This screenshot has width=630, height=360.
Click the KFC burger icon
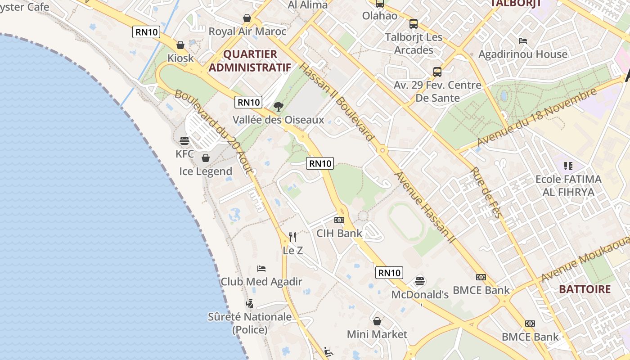pyautogui.click(x=184, y=141)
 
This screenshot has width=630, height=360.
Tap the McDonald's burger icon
pyautogui.click(x=420, y=281)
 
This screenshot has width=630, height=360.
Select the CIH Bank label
pyautogui.click(x=339, y=233)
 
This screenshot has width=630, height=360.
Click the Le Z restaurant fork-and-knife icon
pyautogui.click(x=292, y=237)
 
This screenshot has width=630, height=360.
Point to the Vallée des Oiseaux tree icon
pyautogui.click(x=279, y=107)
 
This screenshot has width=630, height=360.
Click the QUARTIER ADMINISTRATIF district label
pyautogui.click(x=250, y=61)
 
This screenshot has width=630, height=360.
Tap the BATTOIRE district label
pyautogui.click(x=585, y=289)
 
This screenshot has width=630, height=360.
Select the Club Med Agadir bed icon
pyautogui.click(x=261, y=269)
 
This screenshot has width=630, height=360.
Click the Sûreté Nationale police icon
pyautogui.click(x=249, y=304)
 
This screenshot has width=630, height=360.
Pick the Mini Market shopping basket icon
pyautogui.click(x=377, y=321)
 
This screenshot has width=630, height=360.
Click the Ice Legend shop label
pyautogui.click(x=206, y=171)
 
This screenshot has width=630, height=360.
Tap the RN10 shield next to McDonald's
pyautogui.click(x=389, y=273)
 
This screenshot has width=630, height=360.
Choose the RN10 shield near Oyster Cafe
pyautogui.click(x=146, y=32)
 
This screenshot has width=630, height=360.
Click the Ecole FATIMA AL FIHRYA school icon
pyautogui.click(x=568, y=166)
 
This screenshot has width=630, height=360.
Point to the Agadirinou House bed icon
pyautogui.click(x=522, y=41)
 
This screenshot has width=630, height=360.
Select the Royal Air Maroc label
pyautogui.click(x=247, y=31)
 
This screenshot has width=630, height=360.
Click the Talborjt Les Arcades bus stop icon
pyautogui.click(x=413, y=24)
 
